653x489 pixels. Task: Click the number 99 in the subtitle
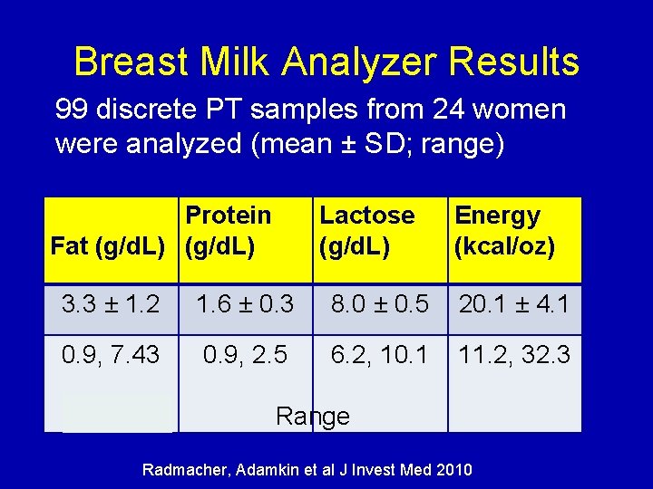coord(71,110)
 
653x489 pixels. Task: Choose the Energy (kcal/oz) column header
coord(503,231)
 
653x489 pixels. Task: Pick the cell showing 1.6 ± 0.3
coord(246,303)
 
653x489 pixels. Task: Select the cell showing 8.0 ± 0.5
coord(380,303)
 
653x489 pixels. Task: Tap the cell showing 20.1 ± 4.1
coord(514,303)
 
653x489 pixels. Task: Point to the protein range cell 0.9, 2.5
coord(246,354)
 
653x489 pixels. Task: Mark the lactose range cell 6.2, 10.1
coord(380,354)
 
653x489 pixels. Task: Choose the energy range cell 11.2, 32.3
coord(514,354)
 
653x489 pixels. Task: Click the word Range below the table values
coord(312,416)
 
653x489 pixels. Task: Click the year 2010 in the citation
coord(453,470)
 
